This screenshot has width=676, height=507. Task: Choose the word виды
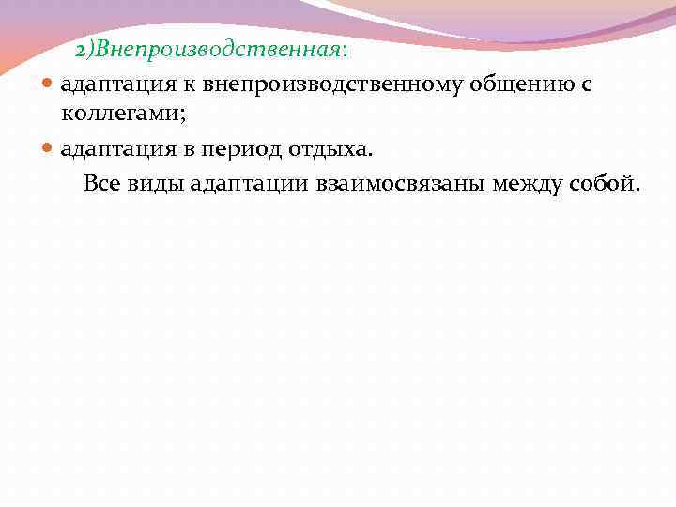[157, 182]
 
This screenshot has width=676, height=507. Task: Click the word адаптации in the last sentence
[247, 182]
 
